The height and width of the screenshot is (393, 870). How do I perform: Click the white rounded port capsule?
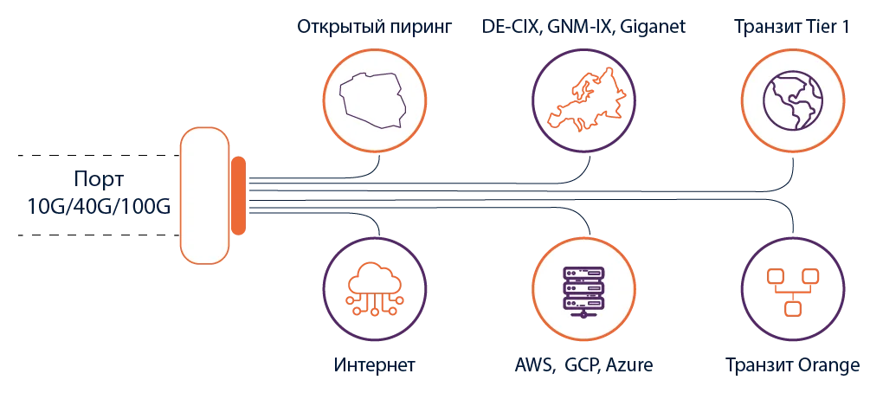coord(205,195)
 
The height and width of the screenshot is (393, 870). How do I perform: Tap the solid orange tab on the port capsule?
coord(238,195)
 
